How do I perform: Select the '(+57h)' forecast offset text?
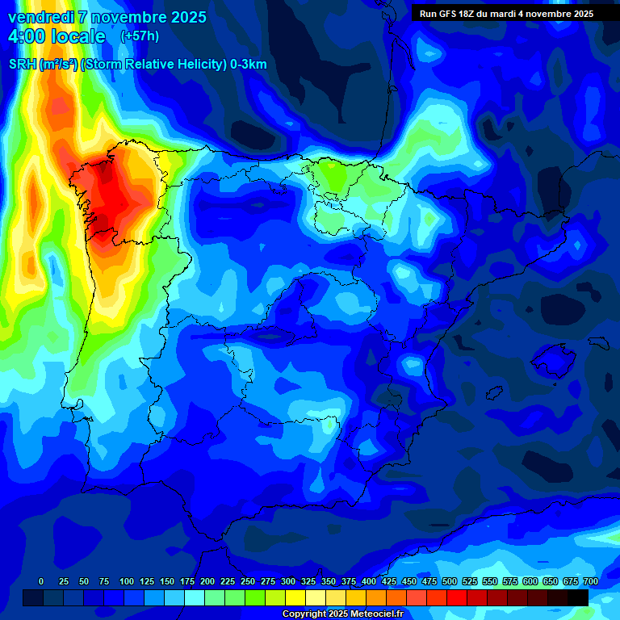click(140, 36)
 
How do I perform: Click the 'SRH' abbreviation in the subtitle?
click(23, 65)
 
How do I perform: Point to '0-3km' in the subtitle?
click(249, 65)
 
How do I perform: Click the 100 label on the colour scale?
click(127, 581)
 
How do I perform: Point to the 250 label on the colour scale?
click(248, 581)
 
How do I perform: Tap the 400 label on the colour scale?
click(369, 581)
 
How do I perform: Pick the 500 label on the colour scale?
click(450, 581)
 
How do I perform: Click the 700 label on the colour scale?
click(590, 581)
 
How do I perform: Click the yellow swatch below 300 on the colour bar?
click(295, 597)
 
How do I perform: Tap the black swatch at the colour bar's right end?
click(578, 597)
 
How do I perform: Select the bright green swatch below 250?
click(255, 597)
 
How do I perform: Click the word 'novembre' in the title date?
click(119, 17)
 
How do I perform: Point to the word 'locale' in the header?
click(78, 36)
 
